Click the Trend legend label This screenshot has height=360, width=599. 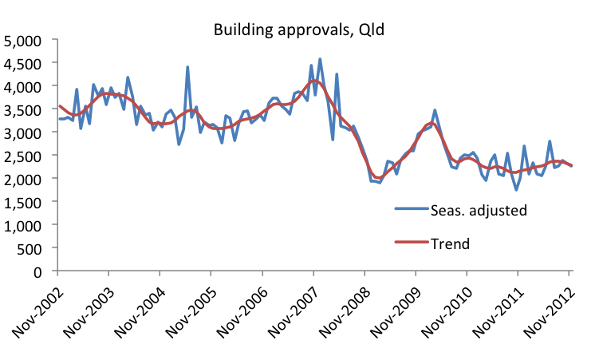tap(451, 242)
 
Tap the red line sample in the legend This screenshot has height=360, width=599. tap(412, 243)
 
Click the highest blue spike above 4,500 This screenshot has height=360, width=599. tap(320, 58)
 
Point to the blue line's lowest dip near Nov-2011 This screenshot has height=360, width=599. tap(517, 190)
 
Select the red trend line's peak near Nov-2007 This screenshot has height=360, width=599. tap(315, 81)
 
